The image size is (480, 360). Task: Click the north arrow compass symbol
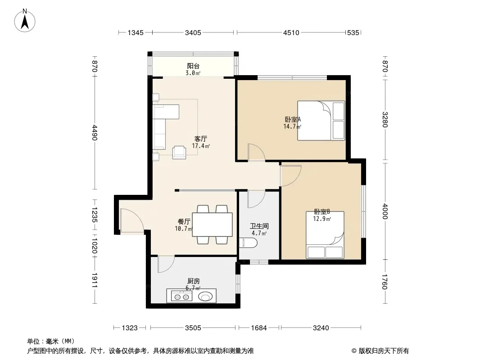(x=25, y=21)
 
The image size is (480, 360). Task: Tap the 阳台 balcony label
(x=193, y=66)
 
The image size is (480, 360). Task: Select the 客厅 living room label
(x=200, y=139)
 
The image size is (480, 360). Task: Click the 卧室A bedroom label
(x=293, y=119)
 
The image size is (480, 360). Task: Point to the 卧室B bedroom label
(x=322, y=211)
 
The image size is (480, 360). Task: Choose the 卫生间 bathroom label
(x=259, y=226)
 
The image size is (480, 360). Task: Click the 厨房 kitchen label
(x=194, y=281)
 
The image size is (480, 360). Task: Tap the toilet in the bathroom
(x=249, y=243)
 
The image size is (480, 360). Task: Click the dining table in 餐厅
(x=212, y=225)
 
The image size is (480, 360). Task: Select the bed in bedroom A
(x=321, y=121)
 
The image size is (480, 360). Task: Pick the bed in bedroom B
(x=325, y=235)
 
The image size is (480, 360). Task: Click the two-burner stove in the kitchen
(x=181, y=297)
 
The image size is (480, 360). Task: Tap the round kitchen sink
(x=205, y=297)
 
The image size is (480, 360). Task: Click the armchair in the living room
(x=179, y=152)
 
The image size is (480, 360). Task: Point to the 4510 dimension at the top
(x=291, y=32)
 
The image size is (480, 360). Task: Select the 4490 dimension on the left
(x=94, y=132)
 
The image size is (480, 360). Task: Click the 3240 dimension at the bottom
(x=321, y=328)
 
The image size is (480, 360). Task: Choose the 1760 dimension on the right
(x=385, y=281)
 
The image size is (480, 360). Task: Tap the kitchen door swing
(x=166, y=264)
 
